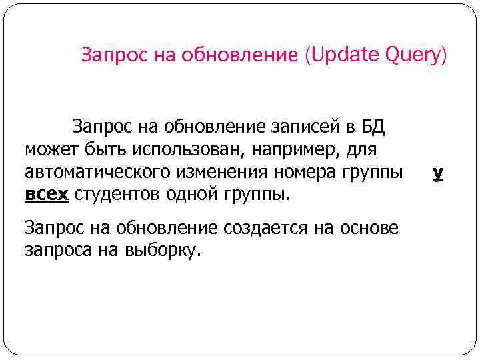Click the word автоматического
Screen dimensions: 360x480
98,172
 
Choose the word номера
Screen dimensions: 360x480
297,172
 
